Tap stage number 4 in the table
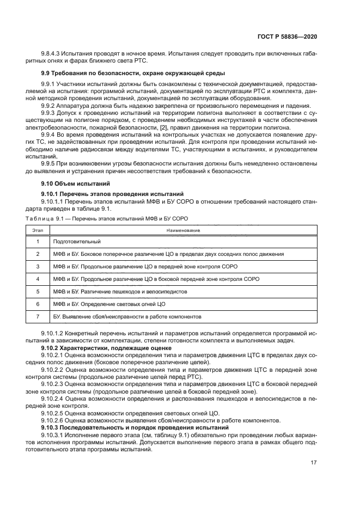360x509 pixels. [38, 279]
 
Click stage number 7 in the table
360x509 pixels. [38, 316]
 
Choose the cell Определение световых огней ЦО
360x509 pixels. [109, 304]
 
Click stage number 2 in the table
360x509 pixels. [38, 254]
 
